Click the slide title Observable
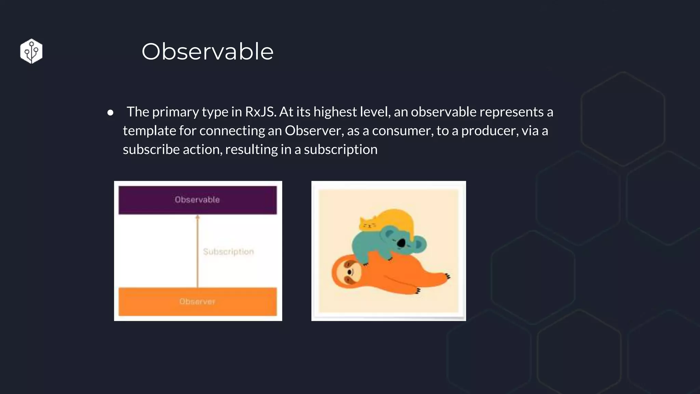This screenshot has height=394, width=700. [207, 52]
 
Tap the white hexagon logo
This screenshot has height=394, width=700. [31, 51]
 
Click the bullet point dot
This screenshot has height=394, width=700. [110, 113]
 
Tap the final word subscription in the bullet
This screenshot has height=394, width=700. [340, 149]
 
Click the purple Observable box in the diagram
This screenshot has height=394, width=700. [198, 200]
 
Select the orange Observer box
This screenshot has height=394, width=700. [198, 301]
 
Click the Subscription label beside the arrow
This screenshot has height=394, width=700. [228, 252]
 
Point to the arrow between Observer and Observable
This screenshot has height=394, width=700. [197, 251]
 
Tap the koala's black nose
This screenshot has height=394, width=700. [401, 243]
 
